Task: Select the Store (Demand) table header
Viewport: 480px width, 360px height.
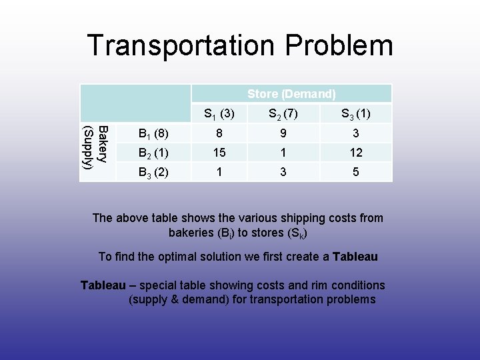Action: click(x=291, y=94)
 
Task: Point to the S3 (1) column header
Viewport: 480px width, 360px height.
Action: click(x=356, y=114)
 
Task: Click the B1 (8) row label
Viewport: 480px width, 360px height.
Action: click(x=153, y=133)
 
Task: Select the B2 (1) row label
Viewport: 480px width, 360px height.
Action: click(x=153, y=153)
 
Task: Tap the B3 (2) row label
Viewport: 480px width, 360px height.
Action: click(x=153, y=172)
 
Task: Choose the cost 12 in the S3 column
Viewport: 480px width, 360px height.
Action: click(x=356, y=153)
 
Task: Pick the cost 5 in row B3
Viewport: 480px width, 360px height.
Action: click(x=356, y=172)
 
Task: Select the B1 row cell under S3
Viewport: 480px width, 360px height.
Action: click(x=356, y=133)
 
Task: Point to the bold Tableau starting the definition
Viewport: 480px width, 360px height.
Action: click(x=103, y=285)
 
